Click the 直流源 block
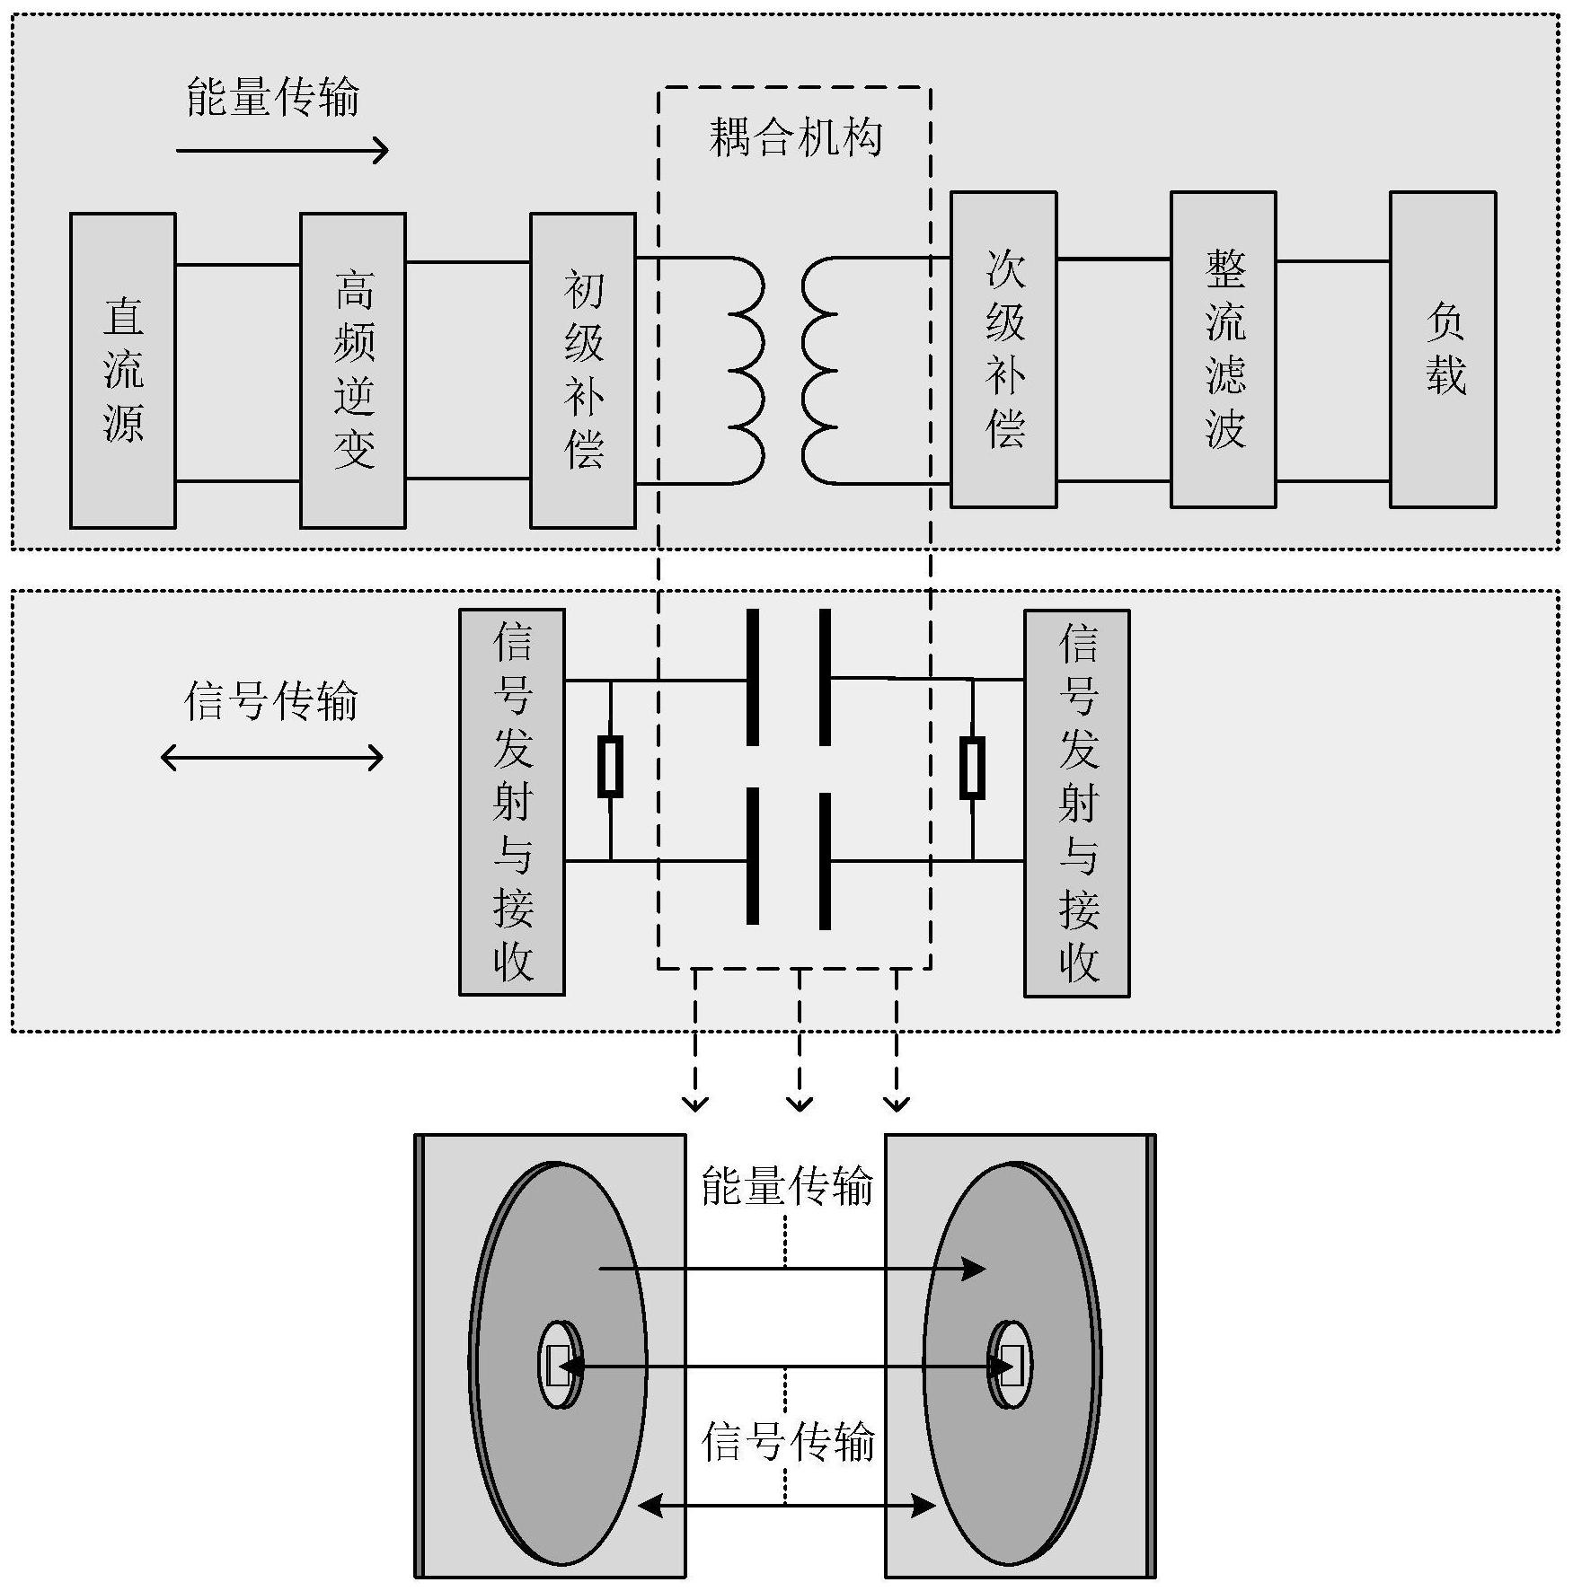(122, 370)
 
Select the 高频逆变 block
(352, 370)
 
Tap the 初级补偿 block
(582, 370)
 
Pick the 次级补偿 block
(1003, 349)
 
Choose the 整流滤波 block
(1223, 349)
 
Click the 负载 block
(1443, 349)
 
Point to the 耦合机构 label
(795, 138)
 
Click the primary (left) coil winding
(746, 370)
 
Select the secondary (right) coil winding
(819, 370)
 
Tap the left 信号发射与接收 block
(511, 802)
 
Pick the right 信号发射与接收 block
(1076, 803)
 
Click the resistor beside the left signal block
(611, 768)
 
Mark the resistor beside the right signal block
(972, 768)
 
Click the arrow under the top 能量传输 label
(282, 150)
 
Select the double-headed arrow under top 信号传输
(271, 759)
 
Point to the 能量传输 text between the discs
(787, 1187)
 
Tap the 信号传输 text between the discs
(787, 1443)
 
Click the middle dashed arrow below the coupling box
(799, 1042)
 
